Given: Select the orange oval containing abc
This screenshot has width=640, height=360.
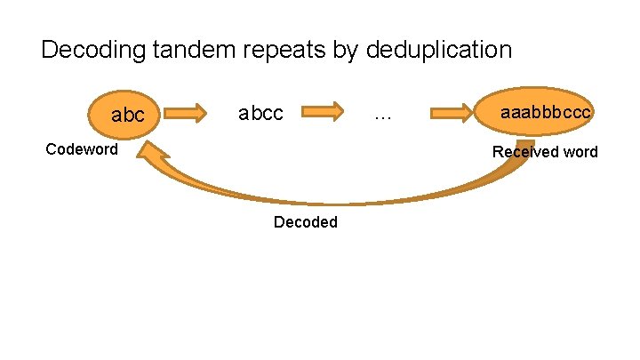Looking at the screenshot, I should click(124, 113).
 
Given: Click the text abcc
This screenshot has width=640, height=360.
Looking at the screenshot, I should click(260, 114).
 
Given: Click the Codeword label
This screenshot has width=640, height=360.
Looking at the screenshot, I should click(82, 149).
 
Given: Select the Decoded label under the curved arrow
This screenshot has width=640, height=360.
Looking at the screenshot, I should click(306, 222).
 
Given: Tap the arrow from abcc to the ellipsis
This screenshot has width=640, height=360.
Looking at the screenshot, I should click(323, 112).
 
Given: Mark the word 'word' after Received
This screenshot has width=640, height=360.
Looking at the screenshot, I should click(580, 152).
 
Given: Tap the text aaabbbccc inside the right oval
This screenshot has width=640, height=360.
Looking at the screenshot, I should click(546, 113).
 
